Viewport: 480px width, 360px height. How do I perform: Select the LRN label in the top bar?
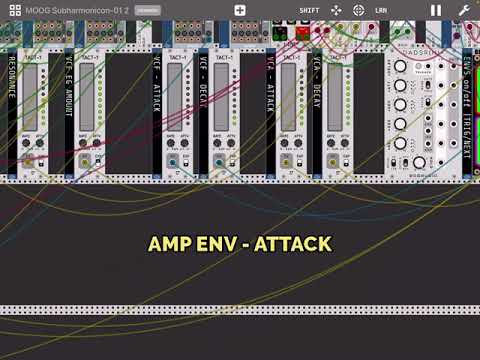(x=381, y=10)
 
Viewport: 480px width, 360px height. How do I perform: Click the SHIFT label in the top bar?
(x=309, y=10)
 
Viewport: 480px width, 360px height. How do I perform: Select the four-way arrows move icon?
(x=336, y=10)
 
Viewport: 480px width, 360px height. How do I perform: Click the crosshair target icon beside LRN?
(x=358, y=10)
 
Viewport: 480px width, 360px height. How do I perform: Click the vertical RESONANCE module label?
(x=12, y=100)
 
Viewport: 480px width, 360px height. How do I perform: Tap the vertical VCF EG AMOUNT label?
(x=69, y=100)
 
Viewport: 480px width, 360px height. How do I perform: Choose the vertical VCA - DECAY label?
(x=317, y=100)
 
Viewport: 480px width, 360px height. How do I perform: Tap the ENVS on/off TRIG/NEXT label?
(x=467, y=100)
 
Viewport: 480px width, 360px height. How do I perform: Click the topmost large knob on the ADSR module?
(x=400, y=68)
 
